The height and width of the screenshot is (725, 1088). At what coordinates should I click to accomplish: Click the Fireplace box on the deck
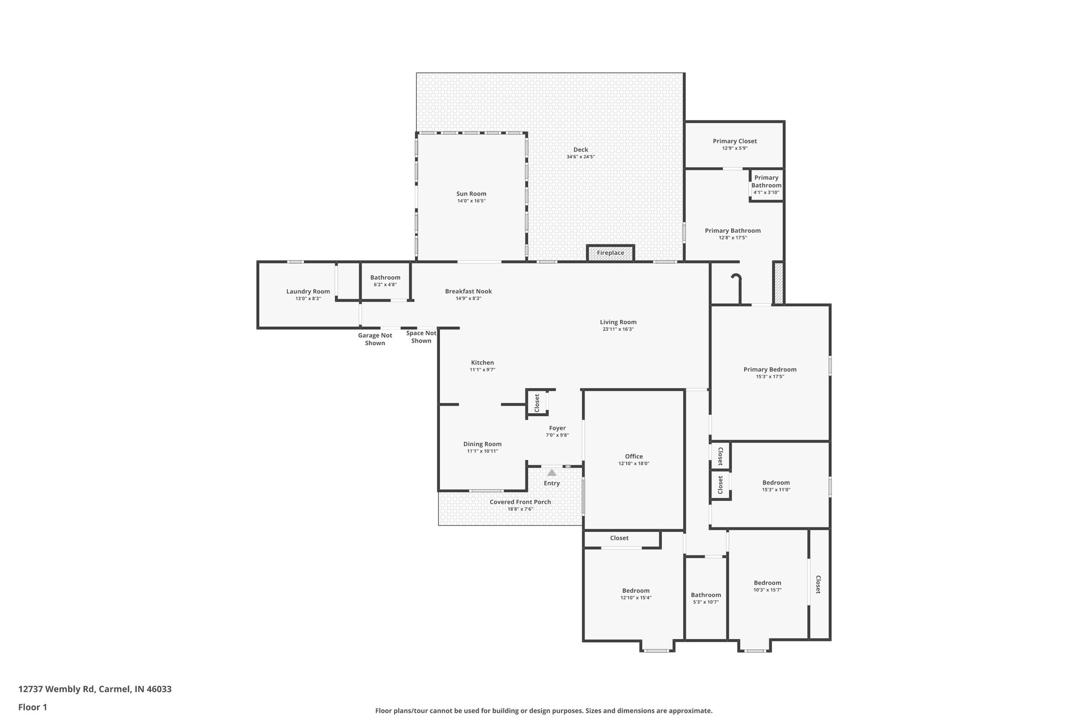pyautogui.click(x=610, y=253)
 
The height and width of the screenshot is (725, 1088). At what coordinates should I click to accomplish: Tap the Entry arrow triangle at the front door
pyautogui.click(x=551, y=472)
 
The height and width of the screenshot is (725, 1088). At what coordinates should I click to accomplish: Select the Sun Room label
pyautogui.click(x=471, y=194)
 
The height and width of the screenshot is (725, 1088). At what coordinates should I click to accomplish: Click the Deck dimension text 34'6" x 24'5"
pyautogui.click(x=580, y=157)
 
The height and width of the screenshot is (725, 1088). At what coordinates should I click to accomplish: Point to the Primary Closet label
pyautogui.click(x=735, y=141)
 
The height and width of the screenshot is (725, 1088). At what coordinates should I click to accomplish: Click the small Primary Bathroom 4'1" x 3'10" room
pyautogui.click(x=766, y=185)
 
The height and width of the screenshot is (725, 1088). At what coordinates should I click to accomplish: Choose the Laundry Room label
pyautogui.click(x=308, y=292)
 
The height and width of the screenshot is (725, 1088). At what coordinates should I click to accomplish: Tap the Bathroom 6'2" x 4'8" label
pyautogui.click(x=385, y=278)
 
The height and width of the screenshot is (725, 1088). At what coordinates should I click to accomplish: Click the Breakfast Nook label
pyautogui.click(x=468, y=292)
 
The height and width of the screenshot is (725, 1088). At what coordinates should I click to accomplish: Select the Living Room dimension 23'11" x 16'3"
pyautogui.click(x=618, y=329)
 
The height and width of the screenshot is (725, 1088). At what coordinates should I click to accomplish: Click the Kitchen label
pyautogui.click(x=482, y=363)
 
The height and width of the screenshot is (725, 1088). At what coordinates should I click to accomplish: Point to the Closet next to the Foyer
pyautogui.click(x=537, y=403)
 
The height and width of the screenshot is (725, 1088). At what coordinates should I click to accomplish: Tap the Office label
pyautogui.click(x=634, y=456)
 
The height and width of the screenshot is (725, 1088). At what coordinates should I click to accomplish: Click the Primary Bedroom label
pyautogui.click(x=770, y=370)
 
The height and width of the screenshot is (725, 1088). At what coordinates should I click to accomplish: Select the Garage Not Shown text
pyautogui.click(x=375, y=339)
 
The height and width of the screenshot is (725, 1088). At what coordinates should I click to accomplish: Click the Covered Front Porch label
pyautogui.click(x=520, y=502)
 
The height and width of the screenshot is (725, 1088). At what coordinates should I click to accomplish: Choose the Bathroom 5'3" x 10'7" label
pyautogui.click(x=705, y=595)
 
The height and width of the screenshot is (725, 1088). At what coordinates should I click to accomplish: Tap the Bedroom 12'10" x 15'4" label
pyautogui.click(x=635, y=591)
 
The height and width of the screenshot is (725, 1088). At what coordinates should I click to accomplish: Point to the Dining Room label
pyautogui.click(x=482, y=444)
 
